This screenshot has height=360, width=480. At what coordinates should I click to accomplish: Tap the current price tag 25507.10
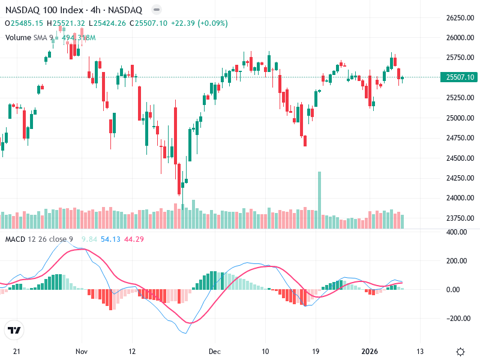coord(458,77)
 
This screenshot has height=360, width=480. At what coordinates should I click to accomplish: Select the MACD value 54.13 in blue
coord(111,239)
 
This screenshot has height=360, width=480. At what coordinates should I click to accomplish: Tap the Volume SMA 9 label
coord(29,37)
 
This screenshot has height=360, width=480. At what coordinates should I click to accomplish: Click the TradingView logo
coord(14,330)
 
